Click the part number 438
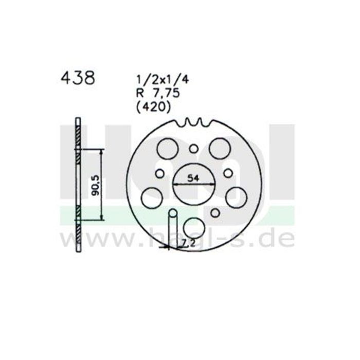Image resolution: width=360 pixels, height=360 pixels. click(78, 78)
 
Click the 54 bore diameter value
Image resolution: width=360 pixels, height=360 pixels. click(193, 179)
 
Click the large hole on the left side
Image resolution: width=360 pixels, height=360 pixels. click(152, 196)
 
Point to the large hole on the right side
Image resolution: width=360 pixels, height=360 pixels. click(235, 196)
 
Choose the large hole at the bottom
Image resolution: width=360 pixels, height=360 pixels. click(193, 227)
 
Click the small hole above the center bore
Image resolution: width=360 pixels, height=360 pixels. click(193, 149)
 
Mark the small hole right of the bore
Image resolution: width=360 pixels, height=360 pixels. click(227, 173)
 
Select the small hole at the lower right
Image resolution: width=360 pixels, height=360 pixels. click(214, 213)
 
